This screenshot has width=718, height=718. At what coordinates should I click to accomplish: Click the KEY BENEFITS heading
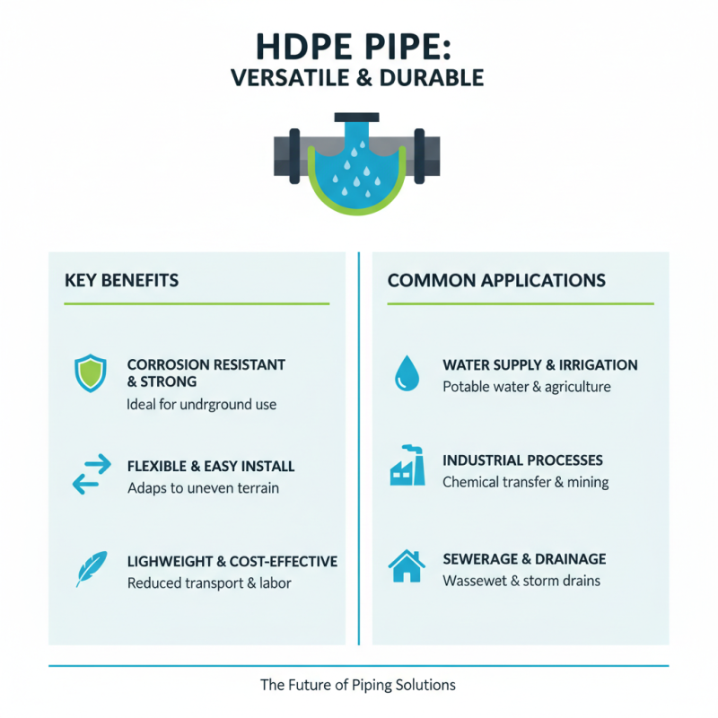point(121,281)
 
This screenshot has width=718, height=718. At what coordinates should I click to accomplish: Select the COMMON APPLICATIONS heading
point(496,281)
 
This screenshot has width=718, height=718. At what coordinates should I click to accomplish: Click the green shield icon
point(89,372)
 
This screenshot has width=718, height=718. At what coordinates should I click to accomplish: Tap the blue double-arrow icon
point(91,475)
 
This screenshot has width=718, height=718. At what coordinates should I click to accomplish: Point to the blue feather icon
point(91,570)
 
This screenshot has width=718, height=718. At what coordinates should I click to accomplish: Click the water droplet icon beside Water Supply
point(407,373)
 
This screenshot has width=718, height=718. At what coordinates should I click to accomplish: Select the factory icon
point(407,466)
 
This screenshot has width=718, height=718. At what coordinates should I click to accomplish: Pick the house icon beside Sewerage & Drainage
point(407,565)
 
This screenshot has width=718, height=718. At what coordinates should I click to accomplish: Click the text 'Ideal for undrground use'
point(202,405)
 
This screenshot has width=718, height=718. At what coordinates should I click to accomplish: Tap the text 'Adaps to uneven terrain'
point(203,488)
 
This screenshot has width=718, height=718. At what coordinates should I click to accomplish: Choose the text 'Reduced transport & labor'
point(209,583)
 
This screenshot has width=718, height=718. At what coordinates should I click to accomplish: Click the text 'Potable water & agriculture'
point(527,387)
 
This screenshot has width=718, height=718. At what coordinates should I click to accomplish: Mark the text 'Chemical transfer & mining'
point(526,482)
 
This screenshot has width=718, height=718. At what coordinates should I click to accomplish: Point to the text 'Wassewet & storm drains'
point(521,581)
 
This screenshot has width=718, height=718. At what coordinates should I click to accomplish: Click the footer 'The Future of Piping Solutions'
point(358,685)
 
